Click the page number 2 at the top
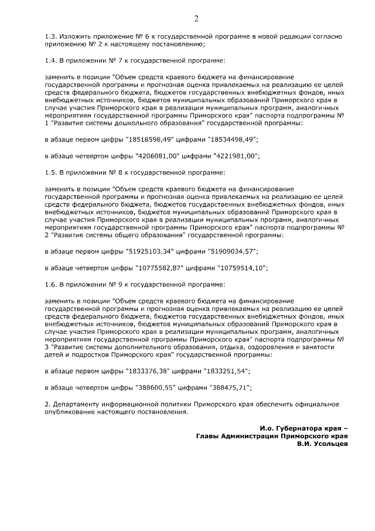(x=196, y=19)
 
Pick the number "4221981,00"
(x=235, y=156)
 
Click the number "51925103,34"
(x=149, y=252)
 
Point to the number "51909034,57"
(x=233, y=252)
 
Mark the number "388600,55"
(x=154, y=388)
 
